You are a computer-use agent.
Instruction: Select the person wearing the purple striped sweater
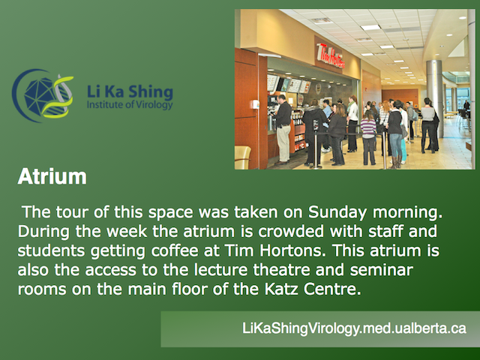pos(368,137)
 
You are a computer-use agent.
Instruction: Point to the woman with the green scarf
pos(352,123)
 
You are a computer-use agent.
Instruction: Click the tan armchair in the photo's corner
pos(242,157)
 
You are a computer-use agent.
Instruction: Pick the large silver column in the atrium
pos(435,97)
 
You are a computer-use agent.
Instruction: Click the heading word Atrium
pos(52,177)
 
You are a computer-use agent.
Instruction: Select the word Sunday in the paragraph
pos(337,212)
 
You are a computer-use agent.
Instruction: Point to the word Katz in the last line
pos(281,289)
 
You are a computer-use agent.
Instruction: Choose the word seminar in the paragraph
pos(382,270)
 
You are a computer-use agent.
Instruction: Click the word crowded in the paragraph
pos(291,232)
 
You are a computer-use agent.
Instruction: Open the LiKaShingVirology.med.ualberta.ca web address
pos(354,328)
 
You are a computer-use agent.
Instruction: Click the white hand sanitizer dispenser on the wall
pos(255,104)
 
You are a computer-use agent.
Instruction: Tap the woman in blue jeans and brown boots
pos(395,135)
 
